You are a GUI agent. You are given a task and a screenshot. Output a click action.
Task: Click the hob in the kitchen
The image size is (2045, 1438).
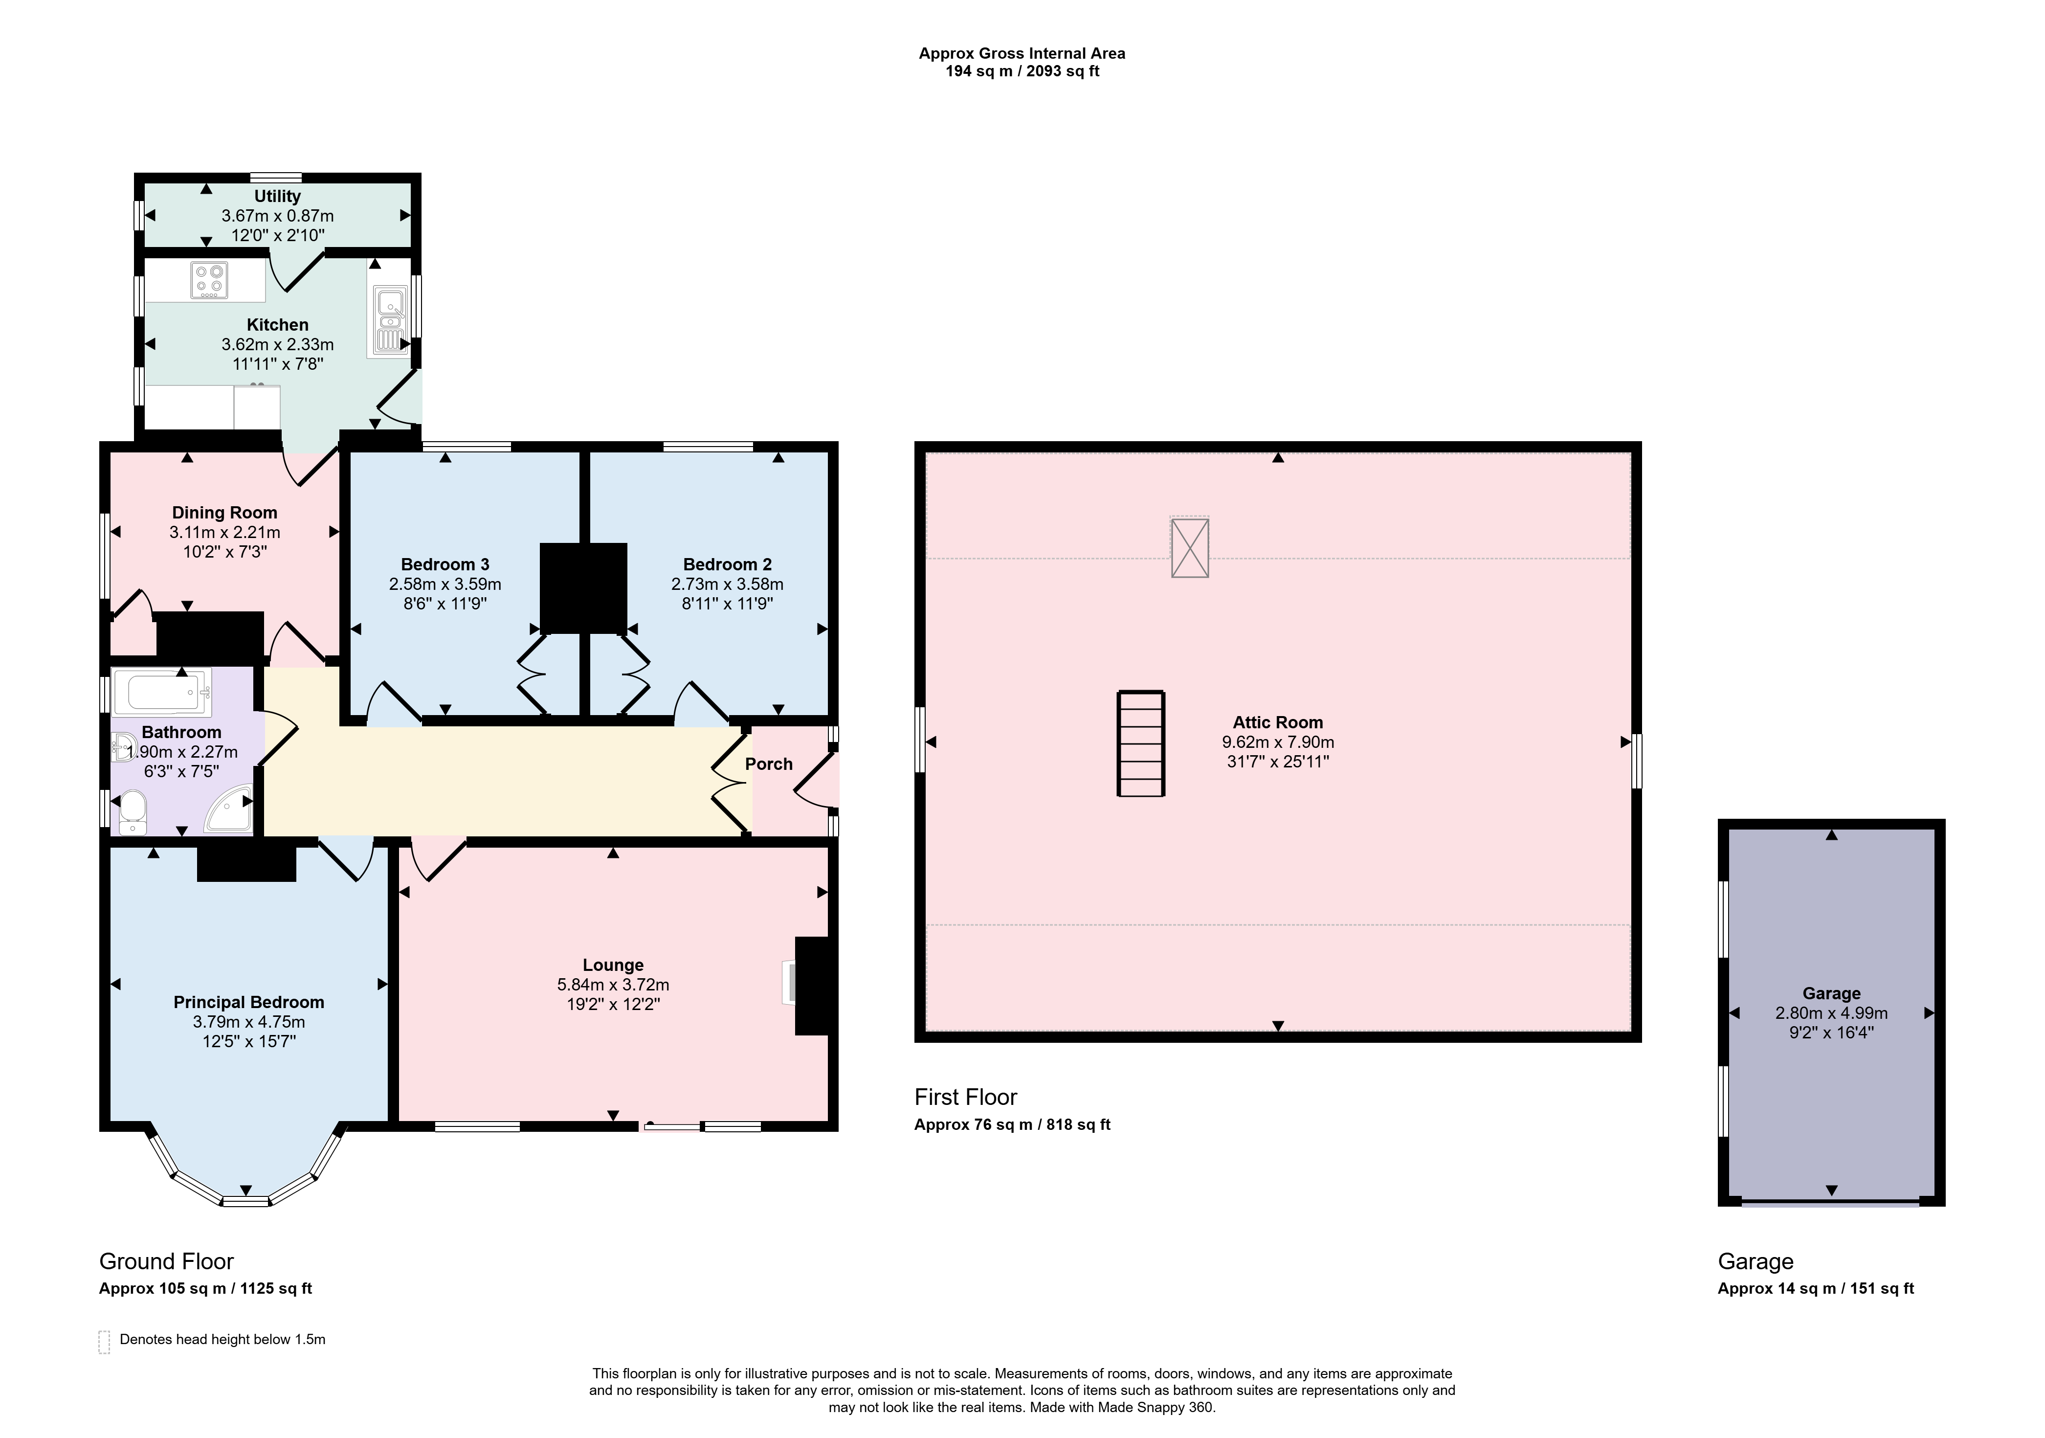pos(209,280)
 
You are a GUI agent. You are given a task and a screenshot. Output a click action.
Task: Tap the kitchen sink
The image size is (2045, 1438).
pos(389,319)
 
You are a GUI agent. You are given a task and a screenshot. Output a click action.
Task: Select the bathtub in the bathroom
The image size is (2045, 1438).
pos(163,693)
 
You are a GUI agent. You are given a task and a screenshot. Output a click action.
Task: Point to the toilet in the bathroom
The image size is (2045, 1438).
pos(132,811)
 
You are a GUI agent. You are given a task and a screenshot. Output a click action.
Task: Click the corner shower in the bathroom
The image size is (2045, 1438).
pos(230,808)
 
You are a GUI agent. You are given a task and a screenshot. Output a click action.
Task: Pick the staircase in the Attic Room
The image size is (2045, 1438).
pos(1141,743)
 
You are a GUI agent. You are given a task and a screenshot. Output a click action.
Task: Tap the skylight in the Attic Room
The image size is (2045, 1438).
pos(1189,547)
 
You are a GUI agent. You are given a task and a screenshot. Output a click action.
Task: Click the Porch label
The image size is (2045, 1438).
pos(769,764)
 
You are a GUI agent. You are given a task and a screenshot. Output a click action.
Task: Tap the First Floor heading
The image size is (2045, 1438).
pos(965,1097)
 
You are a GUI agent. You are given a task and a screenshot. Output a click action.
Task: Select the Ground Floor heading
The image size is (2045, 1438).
pos(167,1261)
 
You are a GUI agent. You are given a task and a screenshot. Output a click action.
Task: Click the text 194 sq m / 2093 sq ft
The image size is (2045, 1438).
pos(1022,71)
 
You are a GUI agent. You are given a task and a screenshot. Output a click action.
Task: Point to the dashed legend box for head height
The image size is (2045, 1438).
pos(104,1342)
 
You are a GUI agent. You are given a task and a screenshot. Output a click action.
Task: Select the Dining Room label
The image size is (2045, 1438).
pos(224,512)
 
